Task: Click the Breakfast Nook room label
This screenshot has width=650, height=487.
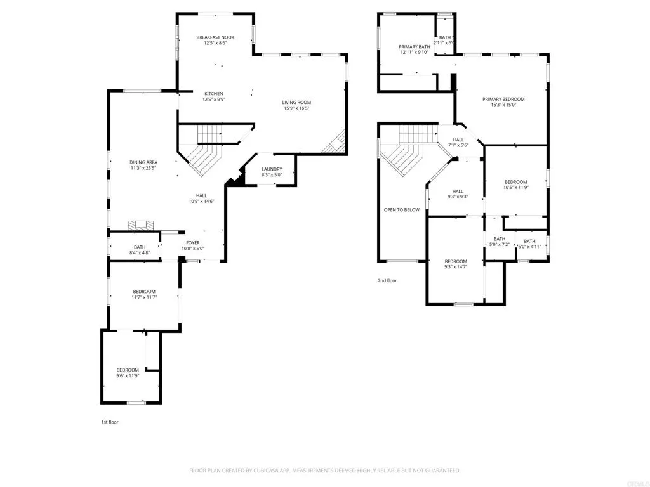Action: [x=215, y=37]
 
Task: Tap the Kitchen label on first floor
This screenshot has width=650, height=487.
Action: [x=213, y=94]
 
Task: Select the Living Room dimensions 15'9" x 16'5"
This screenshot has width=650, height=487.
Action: [x=296, y=108]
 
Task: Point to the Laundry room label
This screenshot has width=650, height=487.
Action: [x=272, y=169]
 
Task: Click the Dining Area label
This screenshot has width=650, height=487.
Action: [x=143, y=162]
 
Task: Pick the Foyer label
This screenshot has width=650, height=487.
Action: [x=193, y=243]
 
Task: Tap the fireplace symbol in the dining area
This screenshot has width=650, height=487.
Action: [x=141, y=224]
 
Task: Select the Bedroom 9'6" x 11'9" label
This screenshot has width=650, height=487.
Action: [x=127, y=370]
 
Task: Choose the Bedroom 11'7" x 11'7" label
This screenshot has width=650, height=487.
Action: [x=144, y=292]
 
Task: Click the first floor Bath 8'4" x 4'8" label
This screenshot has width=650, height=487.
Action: [x=140, y=247]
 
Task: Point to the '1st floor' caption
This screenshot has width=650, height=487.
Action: [x=110, y=422]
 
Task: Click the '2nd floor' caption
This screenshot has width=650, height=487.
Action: [x=387, y=280]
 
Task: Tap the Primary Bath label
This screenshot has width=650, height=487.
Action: [x=415, y=47]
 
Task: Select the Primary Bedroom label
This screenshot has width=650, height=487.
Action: [x=503, y=100]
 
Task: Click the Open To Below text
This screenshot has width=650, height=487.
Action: [x=401, y=210]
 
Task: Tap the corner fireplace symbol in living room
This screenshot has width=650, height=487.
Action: [x=335, y=143]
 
